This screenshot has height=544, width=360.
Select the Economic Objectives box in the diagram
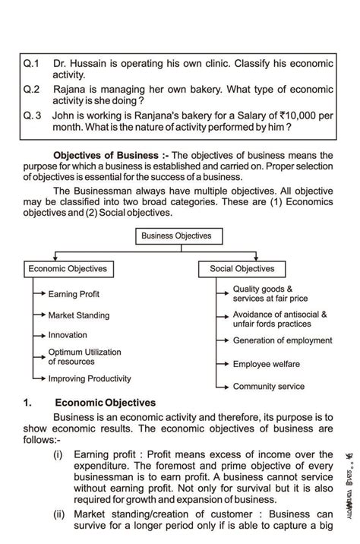(x=68, y=269)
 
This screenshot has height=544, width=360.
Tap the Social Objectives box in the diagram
(x=242, y=269)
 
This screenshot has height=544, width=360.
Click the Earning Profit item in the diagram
(x=74, y=294)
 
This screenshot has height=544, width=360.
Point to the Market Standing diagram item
(x=79, y=315)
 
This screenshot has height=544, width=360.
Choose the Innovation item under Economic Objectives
(x=68, y=335)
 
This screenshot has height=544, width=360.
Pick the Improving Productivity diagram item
(x=90, y=378)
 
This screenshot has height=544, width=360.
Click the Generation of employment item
(x=283, y=340)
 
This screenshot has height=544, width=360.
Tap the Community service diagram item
(x=269, y=387)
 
